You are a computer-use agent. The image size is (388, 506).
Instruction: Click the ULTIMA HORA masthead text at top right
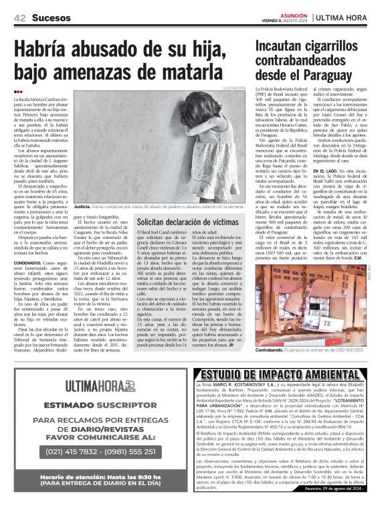click(347, 17)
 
